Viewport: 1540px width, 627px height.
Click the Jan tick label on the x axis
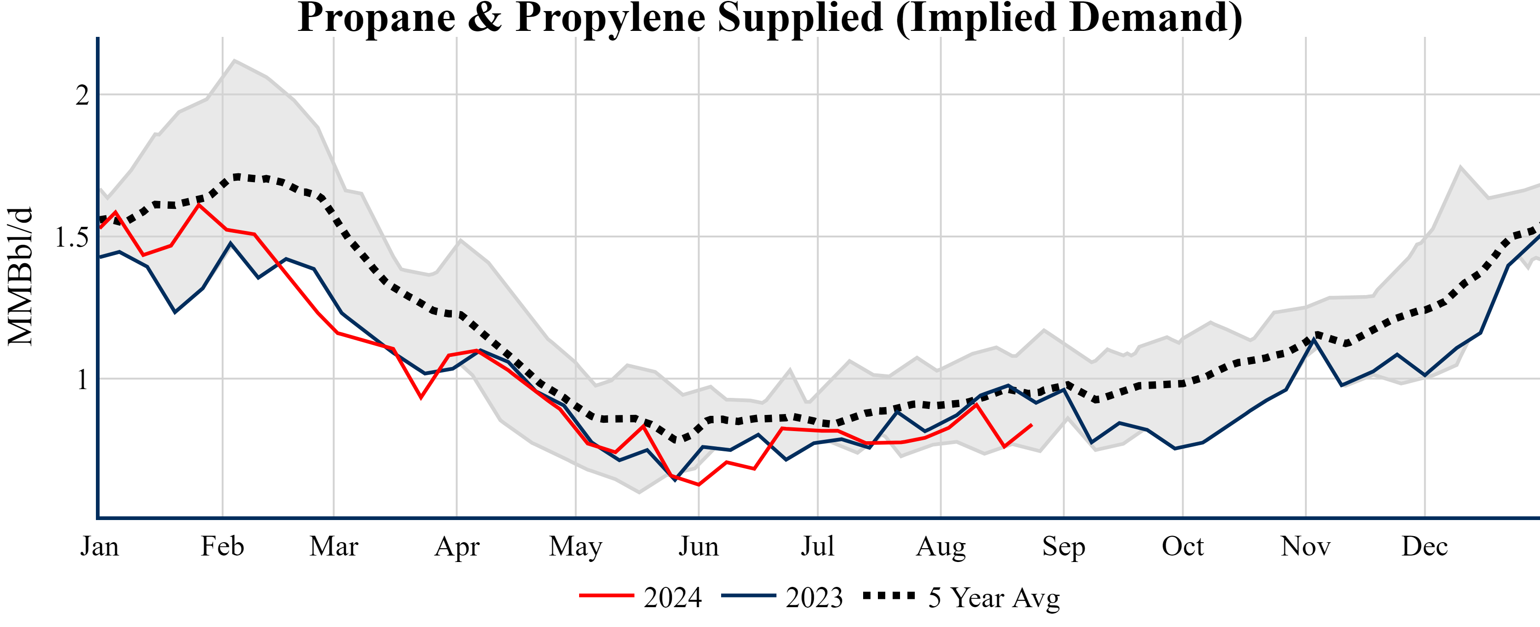point(99,546)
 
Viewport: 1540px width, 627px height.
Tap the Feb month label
point(222,546)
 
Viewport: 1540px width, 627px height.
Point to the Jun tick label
point(698,546)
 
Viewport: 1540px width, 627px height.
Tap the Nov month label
point(1305,546)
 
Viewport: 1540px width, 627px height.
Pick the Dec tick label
point(1425,546)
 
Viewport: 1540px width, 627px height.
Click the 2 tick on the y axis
point(83,95)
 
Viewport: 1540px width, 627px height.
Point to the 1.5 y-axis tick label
point(72,237)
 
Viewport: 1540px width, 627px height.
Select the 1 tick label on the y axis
point(83,379)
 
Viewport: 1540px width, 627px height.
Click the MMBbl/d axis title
point(20,276)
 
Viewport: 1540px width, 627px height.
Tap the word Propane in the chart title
point(377,18)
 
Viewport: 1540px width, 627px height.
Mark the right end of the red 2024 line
point(1032,425)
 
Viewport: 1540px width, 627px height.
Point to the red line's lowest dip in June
point(699,485)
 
